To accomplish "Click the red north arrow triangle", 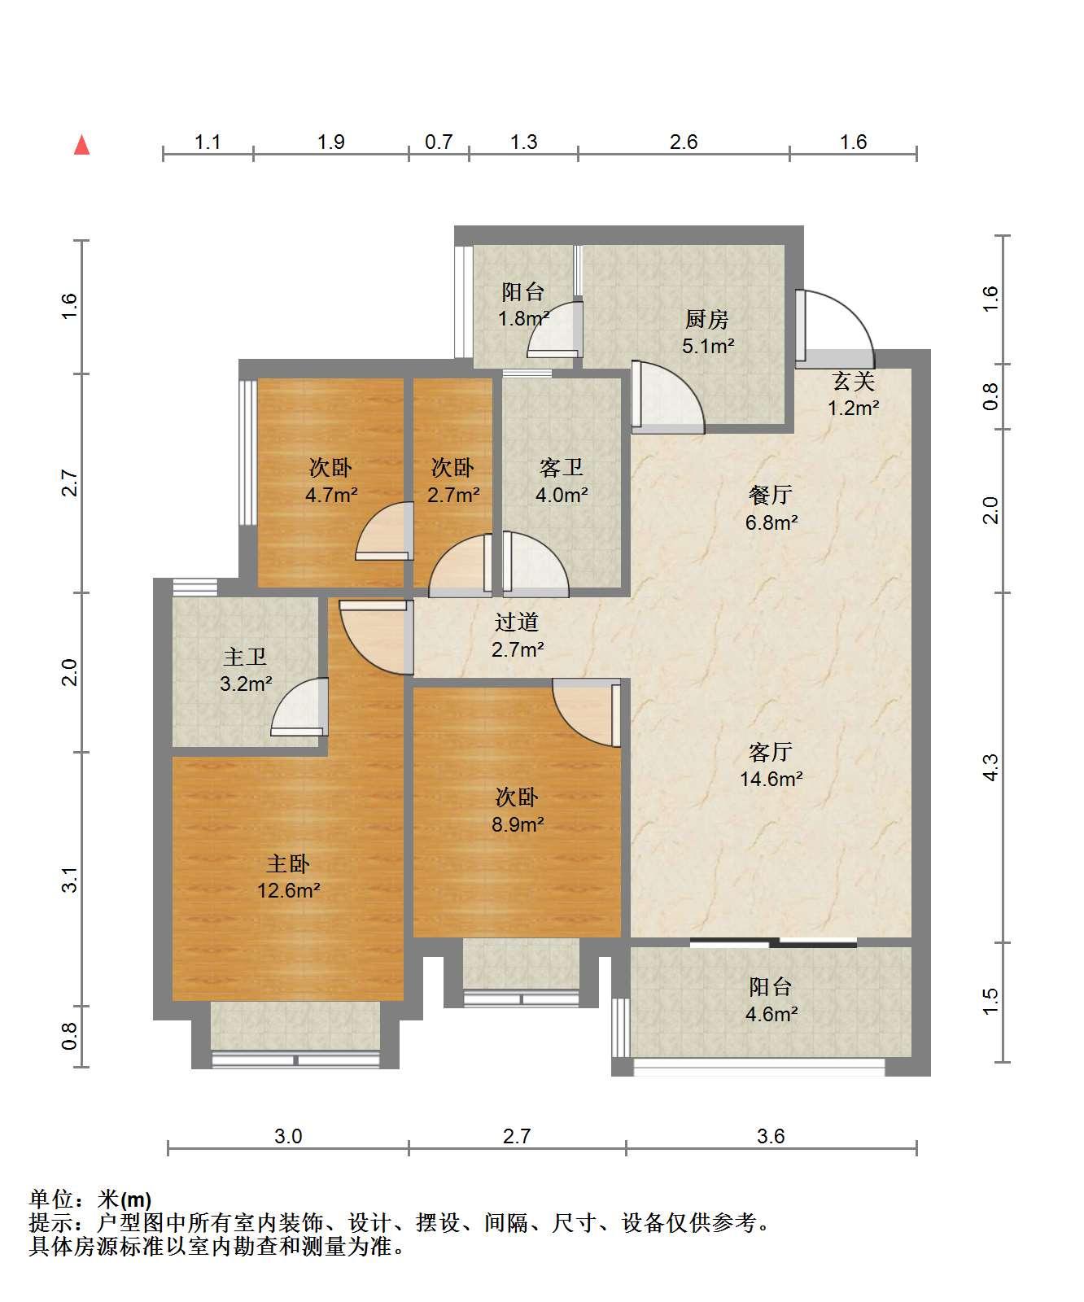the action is (81, 145).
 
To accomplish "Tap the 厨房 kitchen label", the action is (706, 319).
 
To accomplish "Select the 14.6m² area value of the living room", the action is (771, 779).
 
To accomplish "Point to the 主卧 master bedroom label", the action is (288, 863).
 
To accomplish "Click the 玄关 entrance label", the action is (853, 380).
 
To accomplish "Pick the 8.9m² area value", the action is (518, 824).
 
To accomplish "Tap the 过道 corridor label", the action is (517, 623).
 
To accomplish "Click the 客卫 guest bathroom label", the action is (561, 468).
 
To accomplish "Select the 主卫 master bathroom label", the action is (245, 657).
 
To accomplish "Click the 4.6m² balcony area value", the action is (771, 1014).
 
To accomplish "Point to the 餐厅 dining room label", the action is (770, 495).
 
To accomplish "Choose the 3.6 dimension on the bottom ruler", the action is (771, 1136).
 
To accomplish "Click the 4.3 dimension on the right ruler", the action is (990, 767).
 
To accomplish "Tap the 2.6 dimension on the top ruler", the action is (684, 142).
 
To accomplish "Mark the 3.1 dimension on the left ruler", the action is (70, 880).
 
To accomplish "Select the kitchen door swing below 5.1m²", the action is (667, 396).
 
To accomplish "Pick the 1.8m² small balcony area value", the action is (524, 318).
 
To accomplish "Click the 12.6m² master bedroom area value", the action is (289, 890).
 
